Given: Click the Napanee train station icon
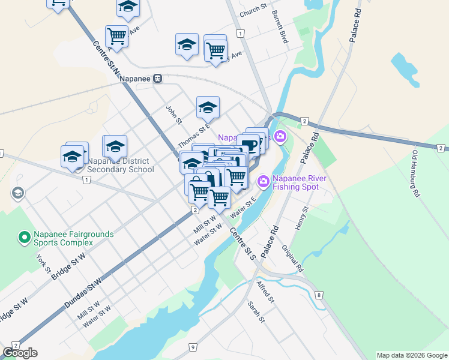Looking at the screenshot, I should click(x=158, y=78).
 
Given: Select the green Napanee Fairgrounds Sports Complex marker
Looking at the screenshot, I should click(x=24, y=238).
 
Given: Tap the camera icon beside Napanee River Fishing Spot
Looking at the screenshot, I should click(x=263, y=181).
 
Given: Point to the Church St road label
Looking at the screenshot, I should click(x=253, y=10).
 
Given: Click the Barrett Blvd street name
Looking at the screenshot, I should click(x=280, y=26).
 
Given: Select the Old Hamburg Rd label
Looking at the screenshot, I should click(x=415, y=173).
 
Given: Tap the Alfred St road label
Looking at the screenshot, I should click(x=265, y=291).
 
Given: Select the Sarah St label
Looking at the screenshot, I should click(x=256, y=312).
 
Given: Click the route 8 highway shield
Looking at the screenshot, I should click(x=319, y=295).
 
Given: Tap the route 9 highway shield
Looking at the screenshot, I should click(x=193, y=347).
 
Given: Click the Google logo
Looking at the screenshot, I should click(x=20, y=353).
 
